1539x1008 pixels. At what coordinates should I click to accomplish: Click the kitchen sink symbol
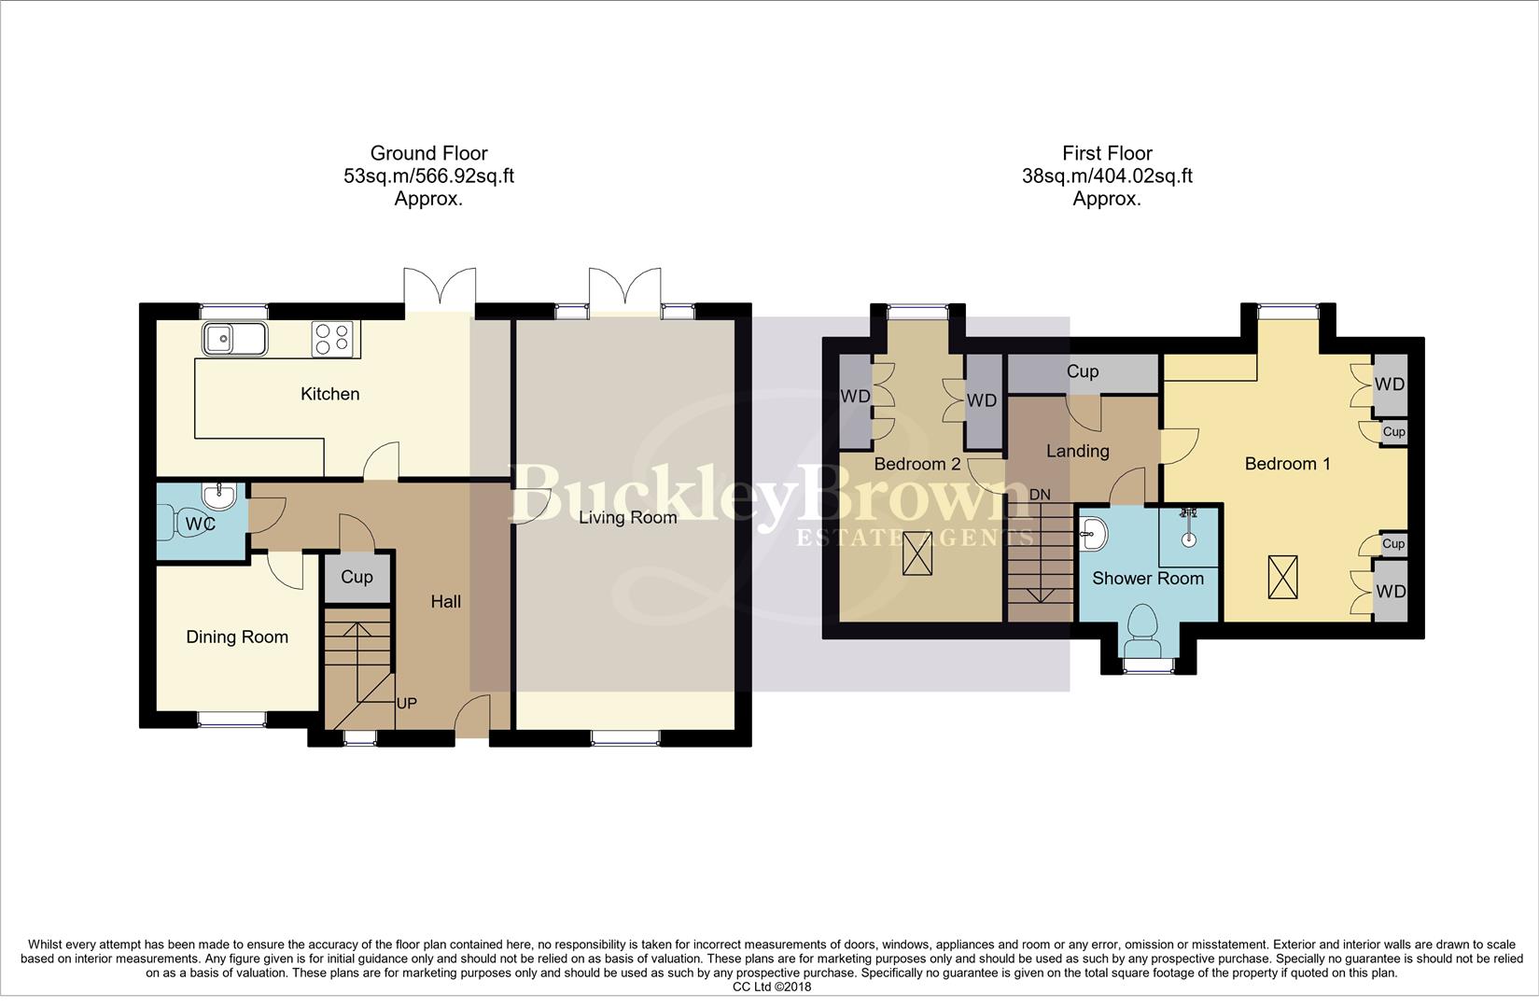(234, 340)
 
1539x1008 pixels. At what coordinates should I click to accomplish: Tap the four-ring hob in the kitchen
(334, 340)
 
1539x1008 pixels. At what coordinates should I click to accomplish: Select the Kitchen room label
(329, 394)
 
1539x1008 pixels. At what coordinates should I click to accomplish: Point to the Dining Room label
(237, 637)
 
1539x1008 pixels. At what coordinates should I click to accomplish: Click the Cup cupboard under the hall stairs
(357, 577)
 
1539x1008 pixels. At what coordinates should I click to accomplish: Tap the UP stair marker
(406, 703)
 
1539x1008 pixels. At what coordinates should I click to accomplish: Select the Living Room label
(627, 517)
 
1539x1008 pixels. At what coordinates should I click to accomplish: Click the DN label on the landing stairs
(1040, 495)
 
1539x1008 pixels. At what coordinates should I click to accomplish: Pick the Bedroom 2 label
(916, 464)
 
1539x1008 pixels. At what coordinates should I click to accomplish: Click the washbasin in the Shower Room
(1094, 535)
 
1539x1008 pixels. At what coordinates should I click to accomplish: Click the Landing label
(1077, 451)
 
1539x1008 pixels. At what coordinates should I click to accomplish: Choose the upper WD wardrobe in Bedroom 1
(1389, 385)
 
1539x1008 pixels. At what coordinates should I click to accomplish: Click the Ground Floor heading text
(428, 153)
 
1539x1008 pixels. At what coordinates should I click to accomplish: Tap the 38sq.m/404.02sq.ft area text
(1107, 176)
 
